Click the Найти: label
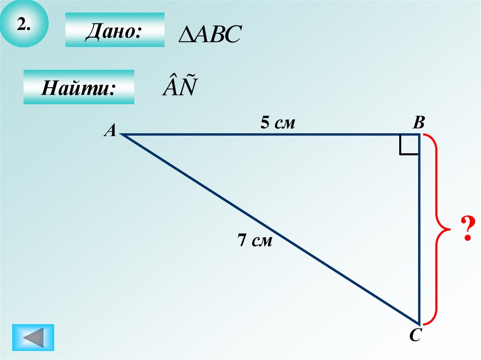point(78,87)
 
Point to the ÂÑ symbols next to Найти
point(179,87)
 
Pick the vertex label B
point(419,123)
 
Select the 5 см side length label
point(278,123)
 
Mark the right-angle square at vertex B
point(409,145)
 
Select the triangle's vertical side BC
point(419,230)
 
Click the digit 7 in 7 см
point(242,241)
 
